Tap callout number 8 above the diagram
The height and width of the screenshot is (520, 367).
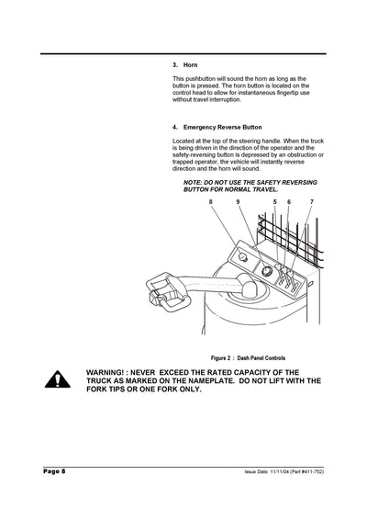(210, 200)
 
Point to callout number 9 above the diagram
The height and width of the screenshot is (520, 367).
(237, 200)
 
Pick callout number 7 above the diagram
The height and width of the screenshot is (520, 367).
(311, 200)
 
